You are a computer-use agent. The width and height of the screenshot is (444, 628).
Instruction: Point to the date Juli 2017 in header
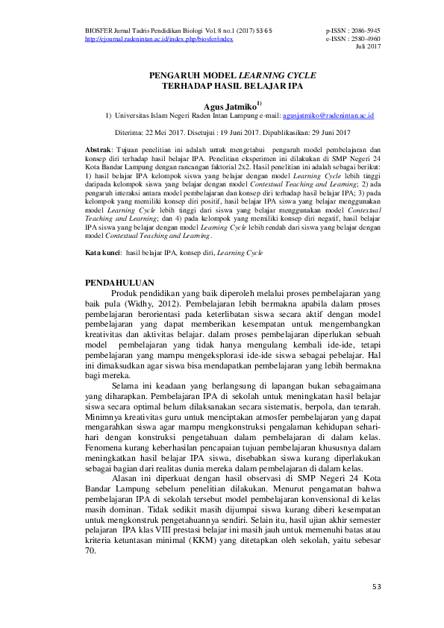[x=368, y=46]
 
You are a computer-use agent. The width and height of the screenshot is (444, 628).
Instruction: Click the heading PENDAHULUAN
[x=119, y=283]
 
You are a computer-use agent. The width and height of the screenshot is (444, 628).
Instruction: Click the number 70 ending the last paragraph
[x=91, y=550]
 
